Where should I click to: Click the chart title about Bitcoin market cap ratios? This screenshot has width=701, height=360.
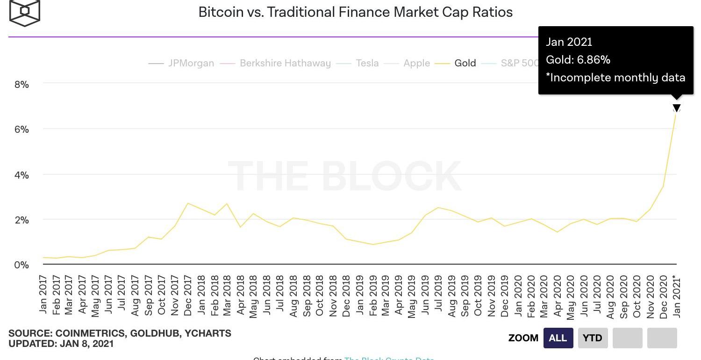pos(355,12)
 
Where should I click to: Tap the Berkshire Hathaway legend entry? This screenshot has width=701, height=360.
pos(285,63)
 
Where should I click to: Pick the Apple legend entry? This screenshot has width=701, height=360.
pos(416,63)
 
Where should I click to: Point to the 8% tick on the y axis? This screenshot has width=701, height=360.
pos(21,85)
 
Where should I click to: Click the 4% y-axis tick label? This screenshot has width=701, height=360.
pos(21,175)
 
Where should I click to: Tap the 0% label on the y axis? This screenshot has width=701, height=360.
pos(21,265)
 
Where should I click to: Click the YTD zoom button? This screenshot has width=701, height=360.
pos(593,338)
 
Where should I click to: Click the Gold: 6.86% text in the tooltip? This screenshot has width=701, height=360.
pos(578,60)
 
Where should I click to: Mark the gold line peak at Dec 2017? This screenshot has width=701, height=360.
pos(187,203)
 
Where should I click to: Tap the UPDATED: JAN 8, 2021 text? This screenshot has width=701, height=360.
pos(61,344)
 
